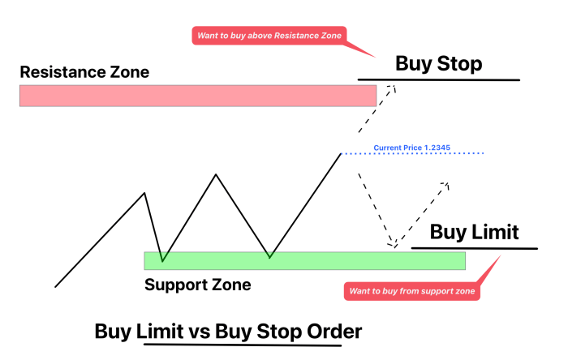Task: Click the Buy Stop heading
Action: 438,64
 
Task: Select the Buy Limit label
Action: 474,233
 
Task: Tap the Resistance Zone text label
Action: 84,72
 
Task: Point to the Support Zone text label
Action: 197,285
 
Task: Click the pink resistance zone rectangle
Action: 197,96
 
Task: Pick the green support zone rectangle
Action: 304,260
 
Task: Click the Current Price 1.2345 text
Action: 411,148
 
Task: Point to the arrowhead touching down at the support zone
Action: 393,243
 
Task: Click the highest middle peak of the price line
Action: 216,174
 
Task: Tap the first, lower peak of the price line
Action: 144,193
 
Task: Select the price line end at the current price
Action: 340,152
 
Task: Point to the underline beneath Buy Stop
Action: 438,79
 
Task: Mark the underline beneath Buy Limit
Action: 475,246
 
